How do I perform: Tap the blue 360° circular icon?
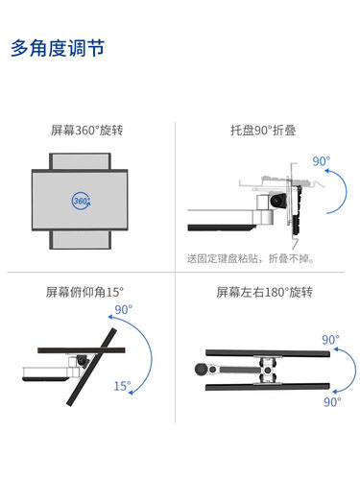point(83,200)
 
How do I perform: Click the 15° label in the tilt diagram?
point(122,386)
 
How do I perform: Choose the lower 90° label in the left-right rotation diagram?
point(331,403)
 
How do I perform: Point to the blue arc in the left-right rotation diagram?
point(337,371)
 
